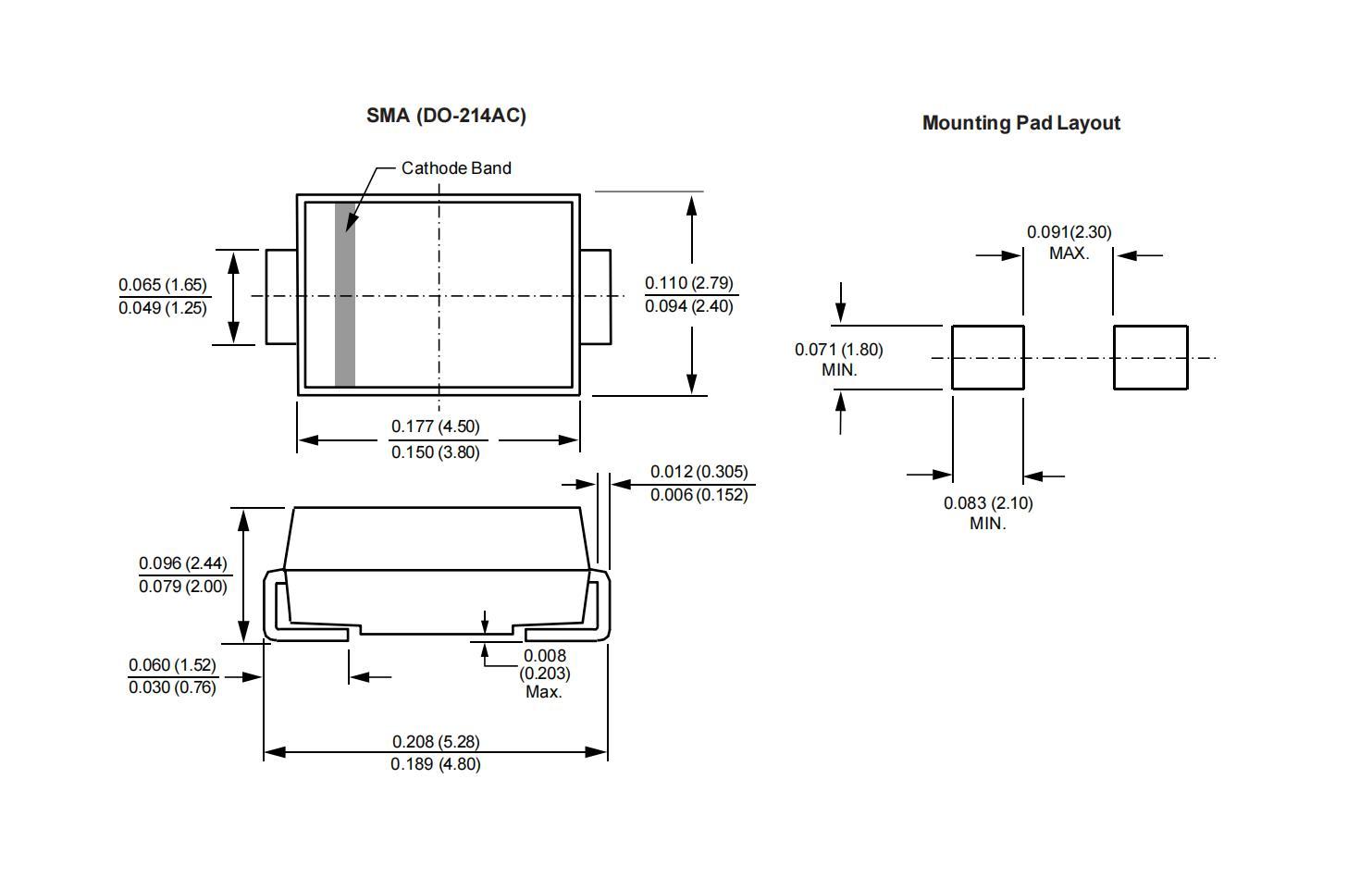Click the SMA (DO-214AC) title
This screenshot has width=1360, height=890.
446,116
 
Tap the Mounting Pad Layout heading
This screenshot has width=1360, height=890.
1020,123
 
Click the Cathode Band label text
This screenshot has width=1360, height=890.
456,168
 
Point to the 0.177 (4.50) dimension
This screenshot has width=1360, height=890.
435,426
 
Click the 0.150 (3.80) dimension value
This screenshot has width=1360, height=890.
435,452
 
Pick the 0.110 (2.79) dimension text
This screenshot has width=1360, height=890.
689,283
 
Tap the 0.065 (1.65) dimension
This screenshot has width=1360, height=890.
163,285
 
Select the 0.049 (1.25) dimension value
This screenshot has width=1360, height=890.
163,308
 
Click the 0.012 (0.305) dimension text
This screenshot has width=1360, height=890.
699,472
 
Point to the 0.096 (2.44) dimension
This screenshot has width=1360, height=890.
183,563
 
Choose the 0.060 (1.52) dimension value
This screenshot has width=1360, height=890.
172,665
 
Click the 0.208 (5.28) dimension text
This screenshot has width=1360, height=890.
436,741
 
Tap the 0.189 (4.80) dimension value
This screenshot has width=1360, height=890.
436,764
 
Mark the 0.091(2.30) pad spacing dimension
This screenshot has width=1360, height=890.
1069,232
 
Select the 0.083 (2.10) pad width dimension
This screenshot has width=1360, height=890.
988,503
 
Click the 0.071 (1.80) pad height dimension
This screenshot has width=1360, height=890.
839,350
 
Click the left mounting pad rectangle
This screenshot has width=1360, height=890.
988,357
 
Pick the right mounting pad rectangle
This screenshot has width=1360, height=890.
1150,357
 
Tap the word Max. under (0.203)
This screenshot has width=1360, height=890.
544,692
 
